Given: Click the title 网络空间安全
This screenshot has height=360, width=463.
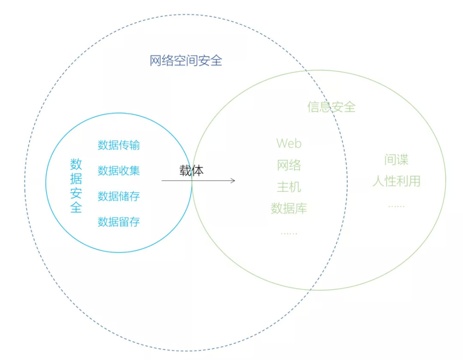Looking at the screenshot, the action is click(x=186, y=61).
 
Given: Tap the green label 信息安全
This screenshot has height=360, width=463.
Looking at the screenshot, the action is click(x=332, y=107).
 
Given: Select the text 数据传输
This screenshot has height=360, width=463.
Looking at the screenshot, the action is click(x=119, y=145).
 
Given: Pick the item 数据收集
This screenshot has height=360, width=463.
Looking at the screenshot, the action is click(x=119, y=171).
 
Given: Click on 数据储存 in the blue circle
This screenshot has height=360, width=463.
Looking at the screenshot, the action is click(x=119, y=196).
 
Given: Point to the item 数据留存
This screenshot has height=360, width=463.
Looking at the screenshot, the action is click(x=119, y=221).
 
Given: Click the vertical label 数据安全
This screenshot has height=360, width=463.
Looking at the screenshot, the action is click(x=76, y=186).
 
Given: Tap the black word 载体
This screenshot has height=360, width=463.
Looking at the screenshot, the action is click(x=191, y=171).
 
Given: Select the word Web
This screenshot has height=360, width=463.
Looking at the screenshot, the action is click(x=289, y=144).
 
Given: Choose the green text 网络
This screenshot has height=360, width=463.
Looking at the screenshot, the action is click(x=289, y=165).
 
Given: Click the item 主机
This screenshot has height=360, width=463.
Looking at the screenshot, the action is click(x=289, y=187).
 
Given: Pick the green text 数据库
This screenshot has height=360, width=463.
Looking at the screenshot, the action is click(x=289, y=208).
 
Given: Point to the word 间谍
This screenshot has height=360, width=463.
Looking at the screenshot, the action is click(x=396, y=159).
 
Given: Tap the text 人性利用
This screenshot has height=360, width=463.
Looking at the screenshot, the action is click(x=396, y=181).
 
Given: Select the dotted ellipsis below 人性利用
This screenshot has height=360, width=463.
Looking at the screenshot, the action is click(x=396, y=206).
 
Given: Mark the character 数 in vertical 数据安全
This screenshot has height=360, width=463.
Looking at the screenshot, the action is click(x=76, y=164).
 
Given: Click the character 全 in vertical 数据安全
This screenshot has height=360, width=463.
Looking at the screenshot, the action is click(x=76, y=207).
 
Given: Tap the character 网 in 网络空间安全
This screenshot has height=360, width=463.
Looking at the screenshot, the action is click(x=156, y=61).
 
